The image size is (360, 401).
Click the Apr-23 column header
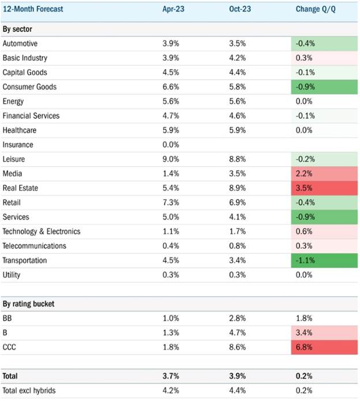(x=173, y=9)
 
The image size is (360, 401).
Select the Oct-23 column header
(x=240, y=9)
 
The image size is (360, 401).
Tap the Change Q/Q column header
(x=316, y=9)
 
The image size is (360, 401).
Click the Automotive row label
(x=20, y=43)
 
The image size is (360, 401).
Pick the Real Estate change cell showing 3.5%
(x=324, y=188)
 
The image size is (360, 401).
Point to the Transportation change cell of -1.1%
(x=324, y=261)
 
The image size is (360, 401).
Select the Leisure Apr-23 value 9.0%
(x=171, y=159)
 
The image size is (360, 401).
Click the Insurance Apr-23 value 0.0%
(x=171, y=145)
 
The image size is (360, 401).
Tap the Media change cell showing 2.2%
(x=324, y=174)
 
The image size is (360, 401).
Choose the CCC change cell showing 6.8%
(x=324, y=347)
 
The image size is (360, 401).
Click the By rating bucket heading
(x=28, y=304)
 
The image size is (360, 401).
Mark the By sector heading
(x=17, y=29)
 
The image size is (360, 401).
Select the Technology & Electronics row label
(x=42, y=231)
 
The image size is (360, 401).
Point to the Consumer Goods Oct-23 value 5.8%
(x=237, y=87)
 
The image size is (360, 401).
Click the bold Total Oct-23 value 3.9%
(x=237, y=376)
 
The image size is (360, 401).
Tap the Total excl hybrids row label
(x=29, y=391)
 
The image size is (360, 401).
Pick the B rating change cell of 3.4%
(x=324, y=333)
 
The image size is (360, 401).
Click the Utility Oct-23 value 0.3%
(x=237, y=275)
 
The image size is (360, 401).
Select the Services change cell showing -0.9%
(x=324, y=217)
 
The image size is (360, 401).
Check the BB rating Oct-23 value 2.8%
(x=237, y=318)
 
